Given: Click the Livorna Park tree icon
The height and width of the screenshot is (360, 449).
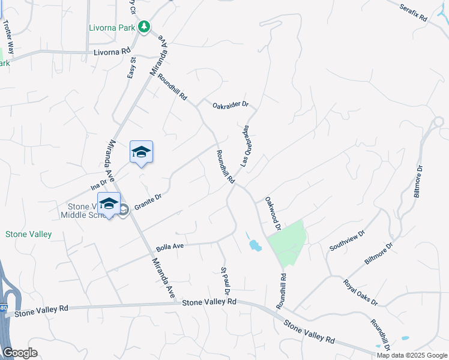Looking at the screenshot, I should coord(143,26).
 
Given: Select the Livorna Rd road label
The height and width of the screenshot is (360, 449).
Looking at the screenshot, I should coord(112,53).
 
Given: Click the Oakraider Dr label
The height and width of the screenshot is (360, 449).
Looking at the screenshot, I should coord(230,105).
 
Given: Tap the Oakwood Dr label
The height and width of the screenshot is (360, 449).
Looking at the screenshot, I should coord(273,214).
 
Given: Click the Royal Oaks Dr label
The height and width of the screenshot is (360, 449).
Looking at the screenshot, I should coord(360,292).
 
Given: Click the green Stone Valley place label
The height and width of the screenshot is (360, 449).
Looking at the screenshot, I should coord(28,234).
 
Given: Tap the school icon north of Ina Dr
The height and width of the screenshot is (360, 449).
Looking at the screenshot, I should coord(141,152).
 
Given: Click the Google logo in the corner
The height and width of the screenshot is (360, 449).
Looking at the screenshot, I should coord(20,353).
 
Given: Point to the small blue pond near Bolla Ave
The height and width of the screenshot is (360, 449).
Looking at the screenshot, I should coord(255,244).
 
